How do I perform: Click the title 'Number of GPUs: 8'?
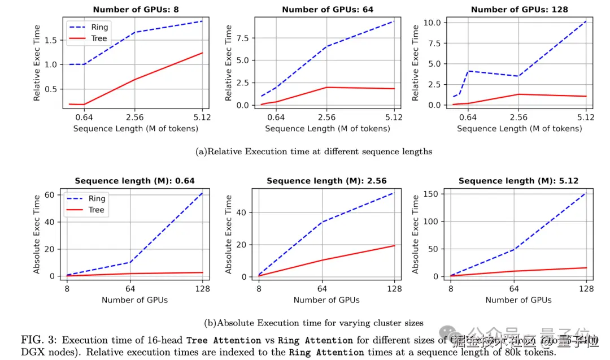(x=135, y=9)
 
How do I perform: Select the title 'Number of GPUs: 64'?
(x=328, y=9)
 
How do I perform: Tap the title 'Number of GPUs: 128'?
(x=519, y=9)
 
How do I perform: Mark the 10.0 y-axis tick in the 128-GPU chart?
(x=432, y=23)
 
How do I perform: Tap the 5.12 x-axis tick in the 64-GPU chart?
(x=394, y=118)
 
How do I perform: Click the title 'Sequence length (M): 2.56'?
(x=327, y=181)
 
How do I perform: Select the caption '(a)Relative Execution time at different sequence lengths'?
(x=313, y=151)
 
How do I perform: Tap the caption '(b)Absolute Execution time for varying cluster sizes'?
(x=313, y=323)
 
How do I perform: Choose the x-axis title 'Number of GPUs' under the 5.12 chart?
(x=518, y=300)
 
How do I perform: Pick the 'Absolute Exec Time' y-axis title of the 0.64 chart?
(x=37, y=234)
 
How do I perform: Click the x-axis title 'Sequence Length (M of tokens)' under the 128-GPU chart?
(x=519, y=128)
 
